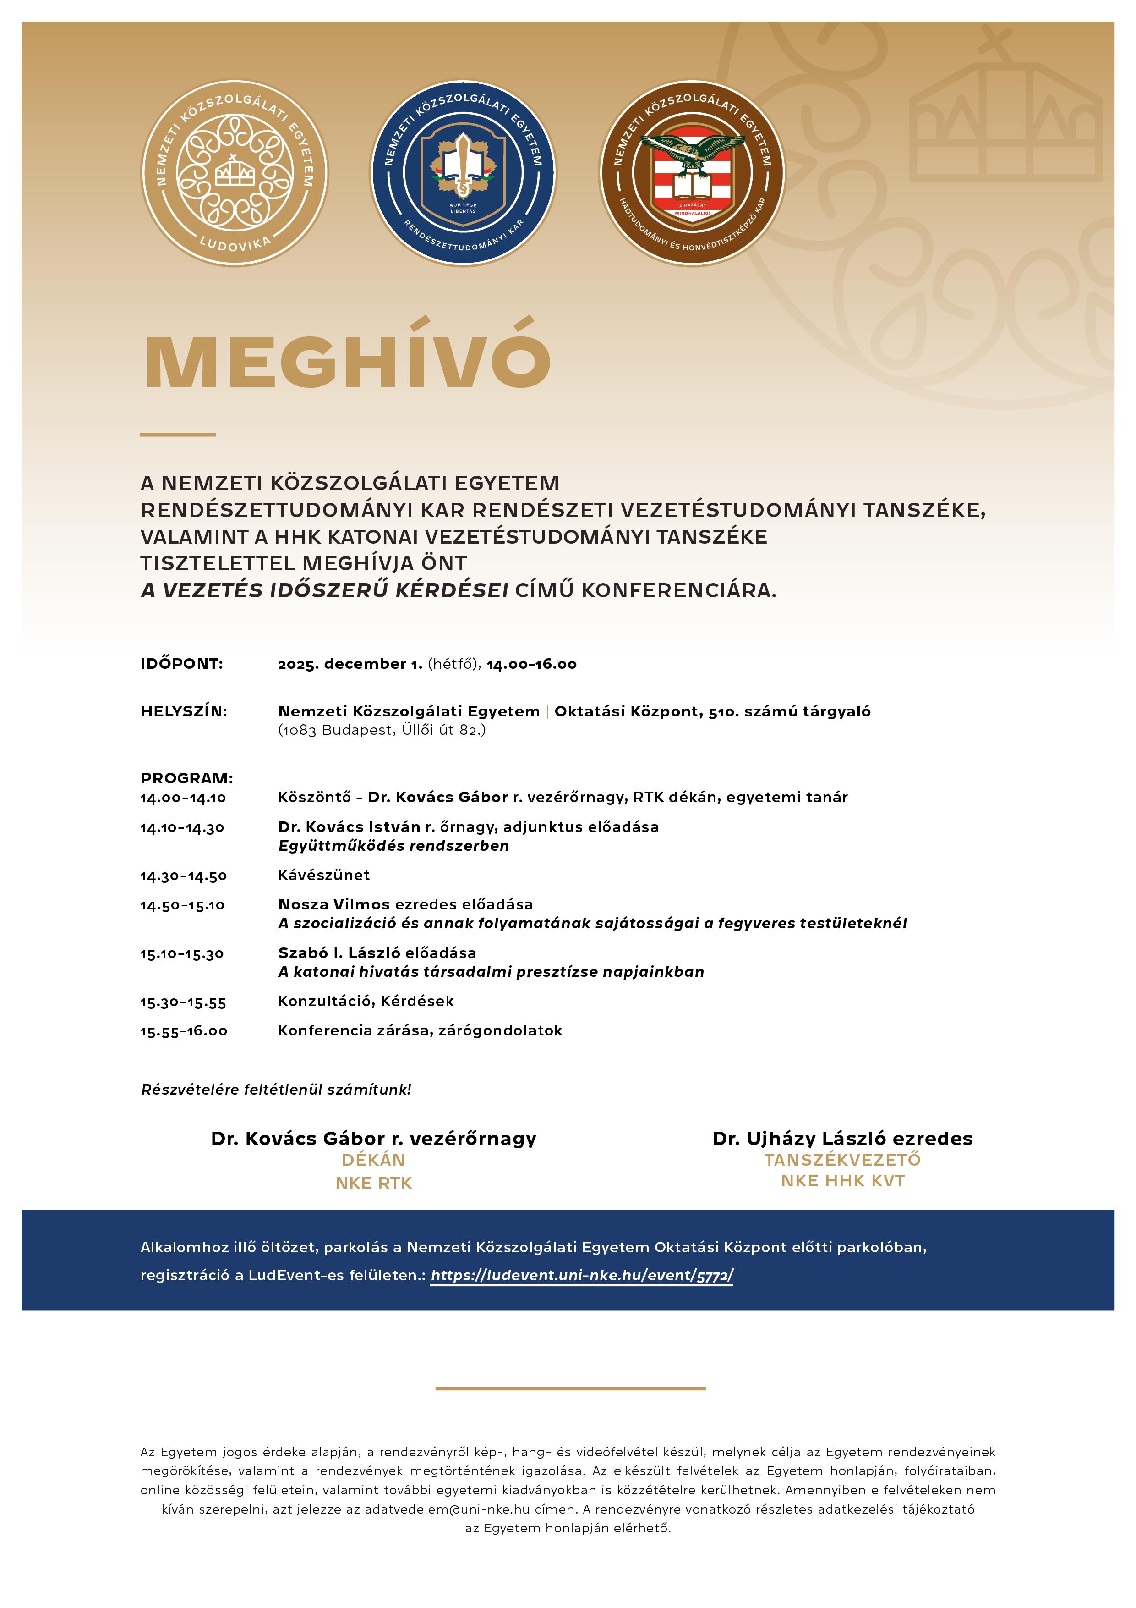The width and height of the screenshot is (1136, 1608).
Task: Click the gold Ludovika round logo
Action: click(235, 173)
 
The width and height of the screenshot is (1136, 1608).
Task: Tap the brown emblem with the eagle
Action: click(692, 173)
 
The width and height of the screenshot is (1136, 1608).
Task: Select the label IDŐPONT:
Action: click(182, 664)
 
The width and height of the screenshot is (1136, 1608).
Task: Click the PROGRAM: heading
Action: click(187, 778)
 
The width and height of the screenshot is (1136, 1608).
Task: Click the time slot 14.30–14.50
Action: click(183, 876)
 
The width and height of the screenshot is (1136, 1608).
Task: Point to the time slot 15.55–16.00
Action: click(183, 1031)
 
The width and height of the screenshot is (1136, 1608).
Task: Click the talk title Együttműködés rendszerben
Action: click(393, 846)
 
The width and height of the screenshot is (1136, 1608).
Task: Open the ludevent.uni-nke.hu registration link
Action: click(582, 1275)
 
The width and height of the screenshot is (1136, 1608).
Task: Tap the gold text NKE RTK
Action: click(374, 1183)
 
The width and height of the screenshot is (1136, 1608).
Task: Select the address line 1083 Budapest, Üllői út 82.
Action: click(382, 731)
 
